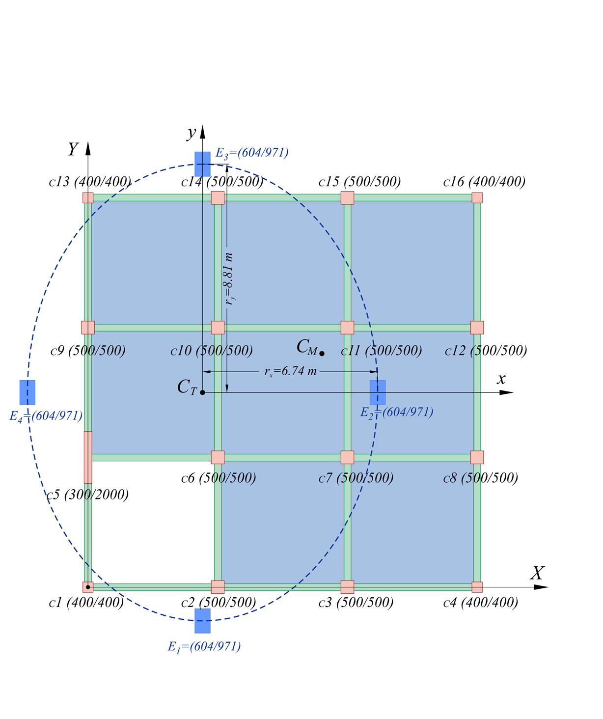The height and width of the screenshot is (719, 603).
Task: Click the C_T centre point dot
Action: [202, 392]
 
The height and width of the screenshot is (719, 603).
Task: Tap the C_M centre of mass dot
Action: [322, 353]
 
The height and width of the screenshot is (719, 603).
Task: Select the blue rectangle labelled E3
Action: [202, 164]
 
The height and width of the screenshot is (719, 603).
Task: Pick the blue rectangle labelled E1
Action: [202, 621]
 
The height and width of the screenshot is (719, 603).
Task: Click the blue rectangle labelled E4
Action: [27, 392]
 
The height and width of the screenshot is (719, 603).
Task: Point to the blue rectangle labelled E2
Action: [378, 392]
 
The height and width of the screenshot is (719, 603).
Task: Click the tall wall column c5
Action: [88, 457]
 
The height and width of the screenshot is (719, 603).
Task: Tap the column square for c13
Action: [88, 198]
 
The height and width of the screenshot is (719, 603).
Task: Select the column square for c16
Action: [477, 198]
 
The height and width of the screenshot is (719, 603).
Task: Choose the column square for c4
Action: [477, 587]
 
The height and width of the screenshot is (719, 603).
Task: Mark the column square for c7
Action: [347, 457]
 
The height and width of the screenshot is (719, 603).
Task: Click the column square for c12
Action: [477, 328]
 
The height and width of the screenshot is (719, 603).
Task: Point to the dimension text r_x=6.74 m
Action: [291, 371]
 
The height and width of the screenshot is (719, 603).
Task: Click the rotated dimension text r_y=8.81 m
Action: [229, 279]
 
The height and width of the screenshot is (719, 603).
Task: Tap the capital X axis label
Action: [538, 573]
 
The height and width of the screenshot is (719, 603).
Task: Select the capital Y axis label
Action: [73, 149]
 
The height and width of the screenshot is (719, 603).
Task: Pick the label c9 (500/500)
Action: [88, 351]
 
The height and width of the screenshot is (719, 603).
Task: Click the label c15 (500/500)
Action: [359, 182]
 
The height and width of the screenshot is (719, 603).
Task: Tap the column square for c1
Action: [88, 587]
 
